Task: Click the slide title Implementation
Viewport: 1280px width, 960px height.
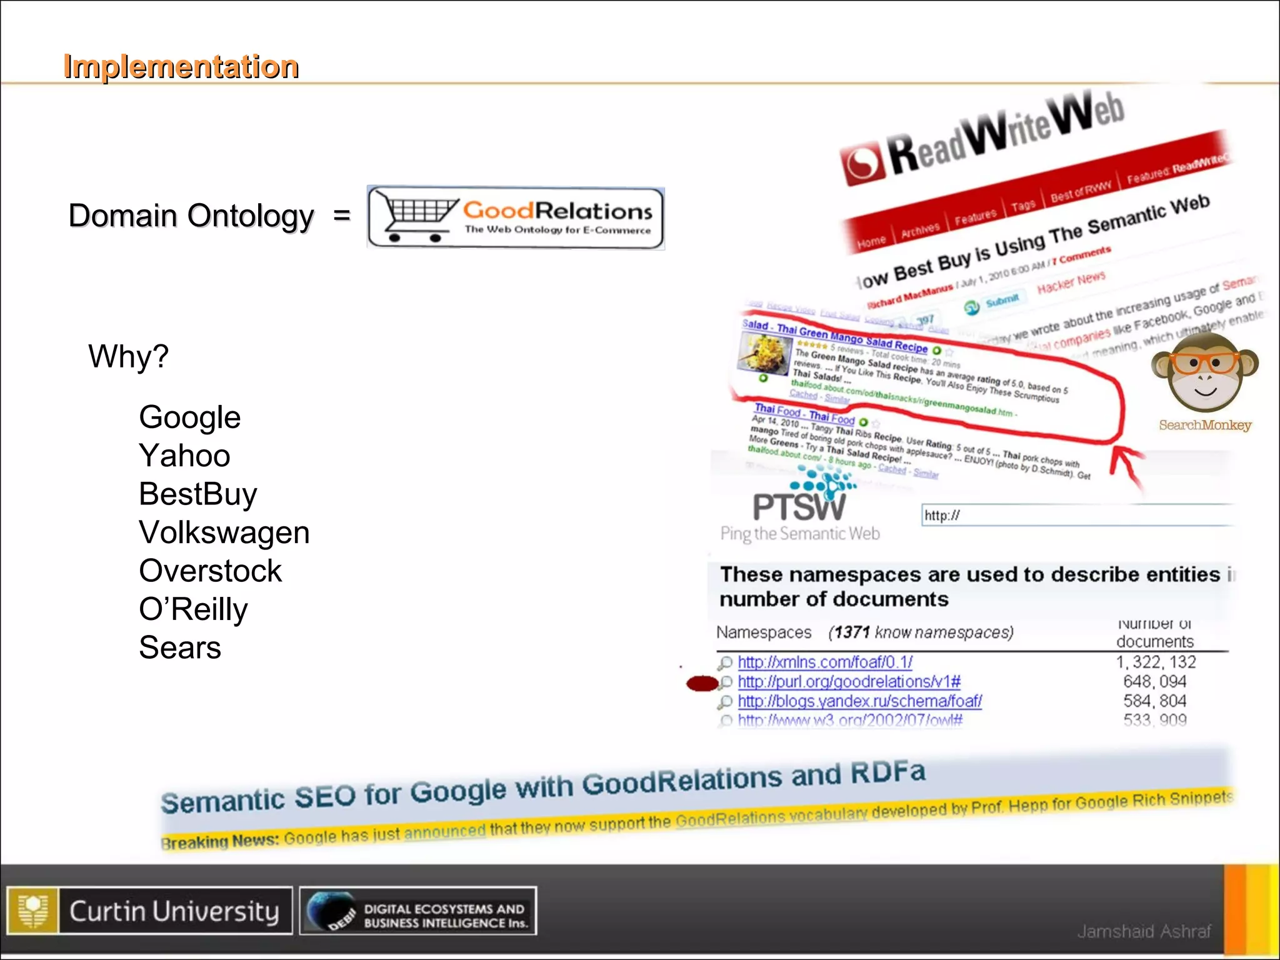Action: [x=181, y=66]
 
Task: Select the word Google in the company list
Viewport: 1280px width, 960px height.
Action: [x=189, y=417]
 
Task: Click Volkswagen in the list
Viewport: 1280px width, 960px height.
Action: [x=224, y=532]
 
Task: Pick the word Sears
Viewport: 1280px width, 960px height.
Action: [x=180, y=647]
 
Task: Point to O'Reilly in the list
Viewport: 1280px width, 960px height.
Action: [x=193, y=609]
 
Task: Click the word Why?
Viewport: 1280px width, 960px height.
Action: [x=128, y=356]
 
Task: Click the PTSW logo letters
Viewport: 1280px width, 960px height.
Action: [x=798, y=506]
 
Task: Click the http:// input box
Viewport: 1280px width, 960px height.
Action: [x=1075, y=516]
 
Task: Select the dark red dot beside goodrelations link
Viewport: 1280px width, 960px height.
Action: [x=701, y=684]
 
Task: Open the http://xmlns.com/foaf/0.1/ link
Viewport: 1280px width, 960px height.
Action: [x=824, y=662]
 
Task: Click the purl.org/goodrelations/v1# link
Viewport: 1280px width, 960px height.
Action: [x=849, y=681]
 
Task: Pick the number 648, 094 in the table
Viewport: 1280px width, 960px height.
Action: [x=1154, y=681]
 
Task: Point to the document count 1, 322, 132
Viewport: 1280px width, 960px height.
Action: [x=1156, y=662]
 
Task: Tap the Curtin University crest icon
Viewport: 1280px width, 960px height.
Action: [x=33, y=911]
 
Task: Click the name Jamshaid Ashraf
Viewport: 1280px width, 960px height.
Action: [x=1144, y=931]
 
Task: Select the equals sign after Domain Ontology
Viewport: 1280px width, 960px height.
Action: [x=342, y=216]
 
